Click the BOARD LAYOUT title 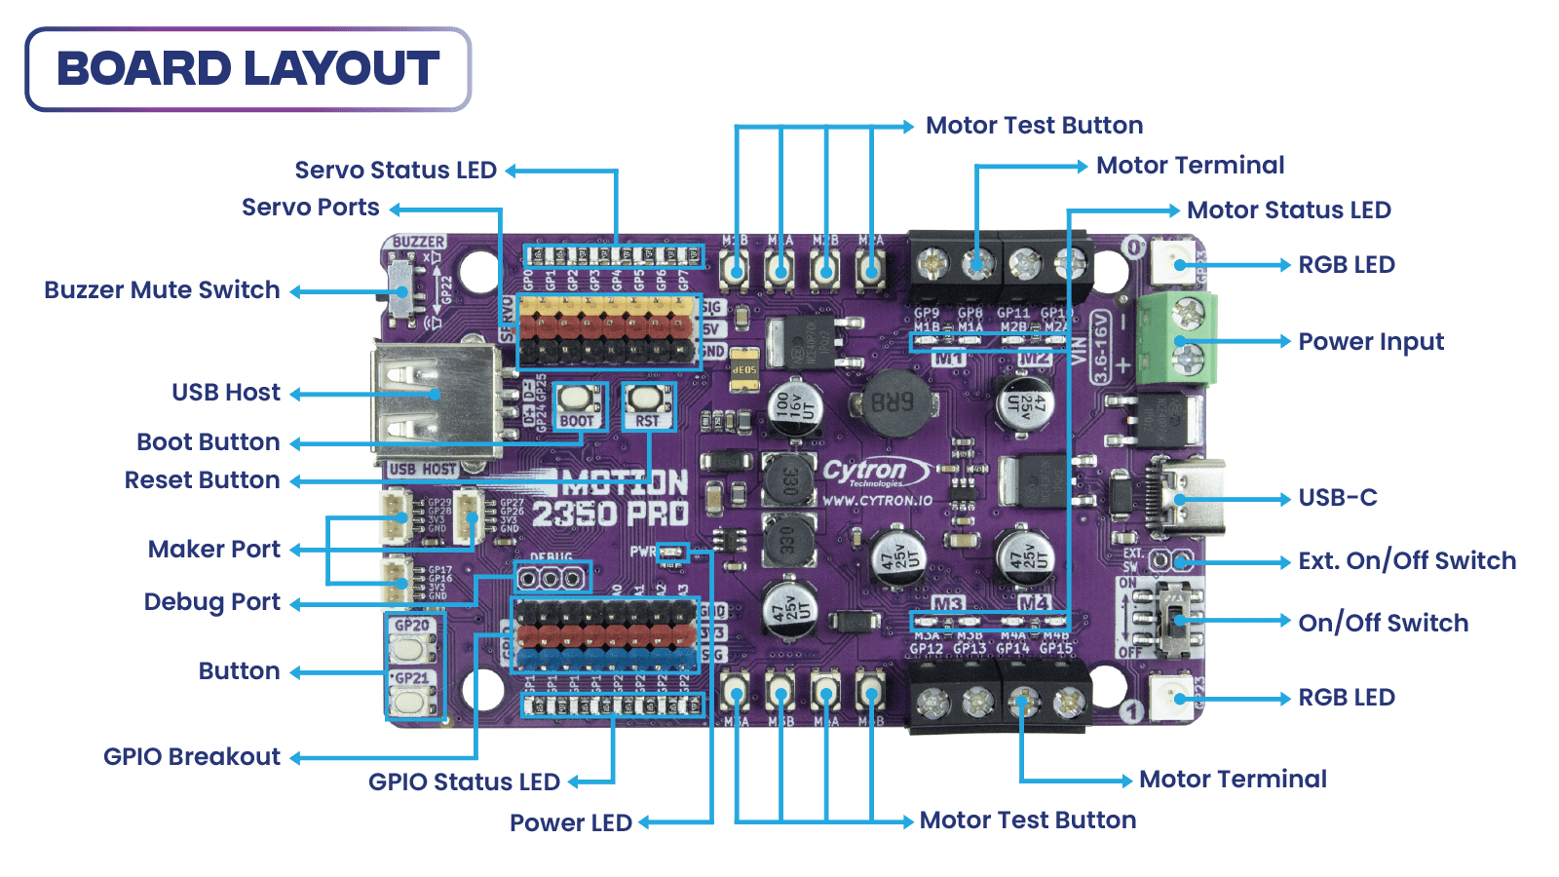[x=247, y=69]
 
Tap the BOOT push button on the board [x=576, y=399]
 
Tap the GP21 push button [x=412, y=700]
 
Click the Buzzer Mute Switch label [x=162, y=290]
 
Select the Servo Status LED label [x=396, y=171]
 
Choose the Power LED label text [x=571, y=823]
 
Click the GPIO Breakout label [x=192, y=757]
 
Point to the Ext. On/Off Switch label [x=1407, y=561]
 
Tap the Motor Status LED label [x=1288, y=210]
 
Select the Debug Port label [x=212, y=602]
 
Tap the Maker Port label [x=214, y=550]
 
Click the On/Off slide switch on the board [x=1177, y=620]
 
